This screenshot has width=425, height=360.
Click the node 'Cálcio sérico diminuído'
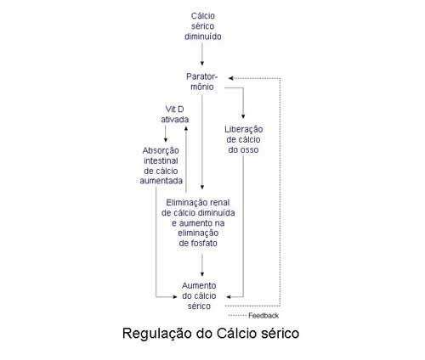(x=203, y=26)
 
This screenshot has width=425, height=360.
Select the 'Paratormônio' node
(x=201, y=82)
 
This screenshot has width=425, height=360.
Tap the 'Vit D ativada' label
(x=174, y=114)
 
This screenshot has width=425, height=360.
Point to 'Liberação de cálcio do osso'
(x=243, y=139)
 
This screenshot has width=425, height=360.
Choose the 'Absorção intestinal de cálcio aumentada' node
(x=161, y=166)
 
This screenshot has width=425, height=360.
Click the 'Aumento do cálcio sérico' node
(x=199, y=295)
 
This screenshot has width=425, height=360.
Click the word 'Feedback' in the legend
(x=263, y=316)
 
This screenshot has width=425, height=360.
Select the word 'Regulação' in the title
(x=157, y=334)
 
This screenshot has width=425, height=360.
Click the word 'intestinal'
(x=161, y=160)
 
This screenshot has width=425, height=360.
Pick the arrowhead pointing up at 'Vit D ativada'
(x=186, y=128)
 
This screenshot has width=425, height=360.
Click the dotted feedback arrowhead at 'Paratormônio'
(x=231, y=78)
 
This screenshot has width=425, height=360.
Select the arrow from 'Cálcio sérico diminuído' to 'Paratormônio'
(x=202, y=54)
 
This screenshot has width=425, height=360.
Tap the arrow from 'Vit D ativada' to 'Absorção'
(x=166, y=133)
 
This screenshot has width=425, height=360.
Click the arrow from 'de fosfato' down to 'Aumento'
(x=202, y=265)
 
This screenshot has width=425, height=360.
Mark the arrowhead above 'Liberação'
(x=243, y=116)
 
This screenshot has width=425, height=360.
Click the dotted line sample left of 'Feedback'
(x=237, y=316)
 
